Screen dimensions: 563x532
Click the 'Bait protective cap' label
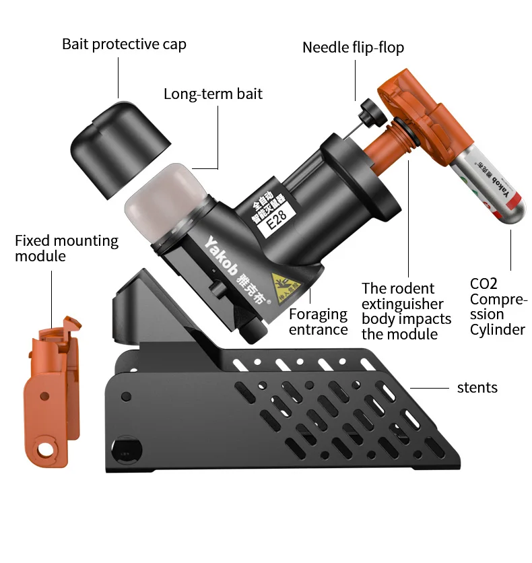[124, 44]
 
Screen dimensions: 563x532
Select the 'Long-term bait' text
[213, 94]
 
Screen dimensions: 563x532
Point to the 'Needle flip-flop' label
[353, 47]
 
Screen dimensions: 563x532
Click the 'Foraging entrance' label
[318, 321]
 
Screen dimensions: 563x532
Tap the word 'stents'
[477, 387]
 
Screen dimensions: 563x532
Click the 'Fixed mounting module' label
[66, 248]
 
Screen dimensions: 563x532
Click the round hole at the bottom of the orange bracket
[46, 446]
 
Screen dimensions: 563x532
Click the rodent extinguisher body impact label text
[403, 310]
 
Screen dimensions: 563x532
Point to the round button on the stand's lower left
[128, 447]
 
